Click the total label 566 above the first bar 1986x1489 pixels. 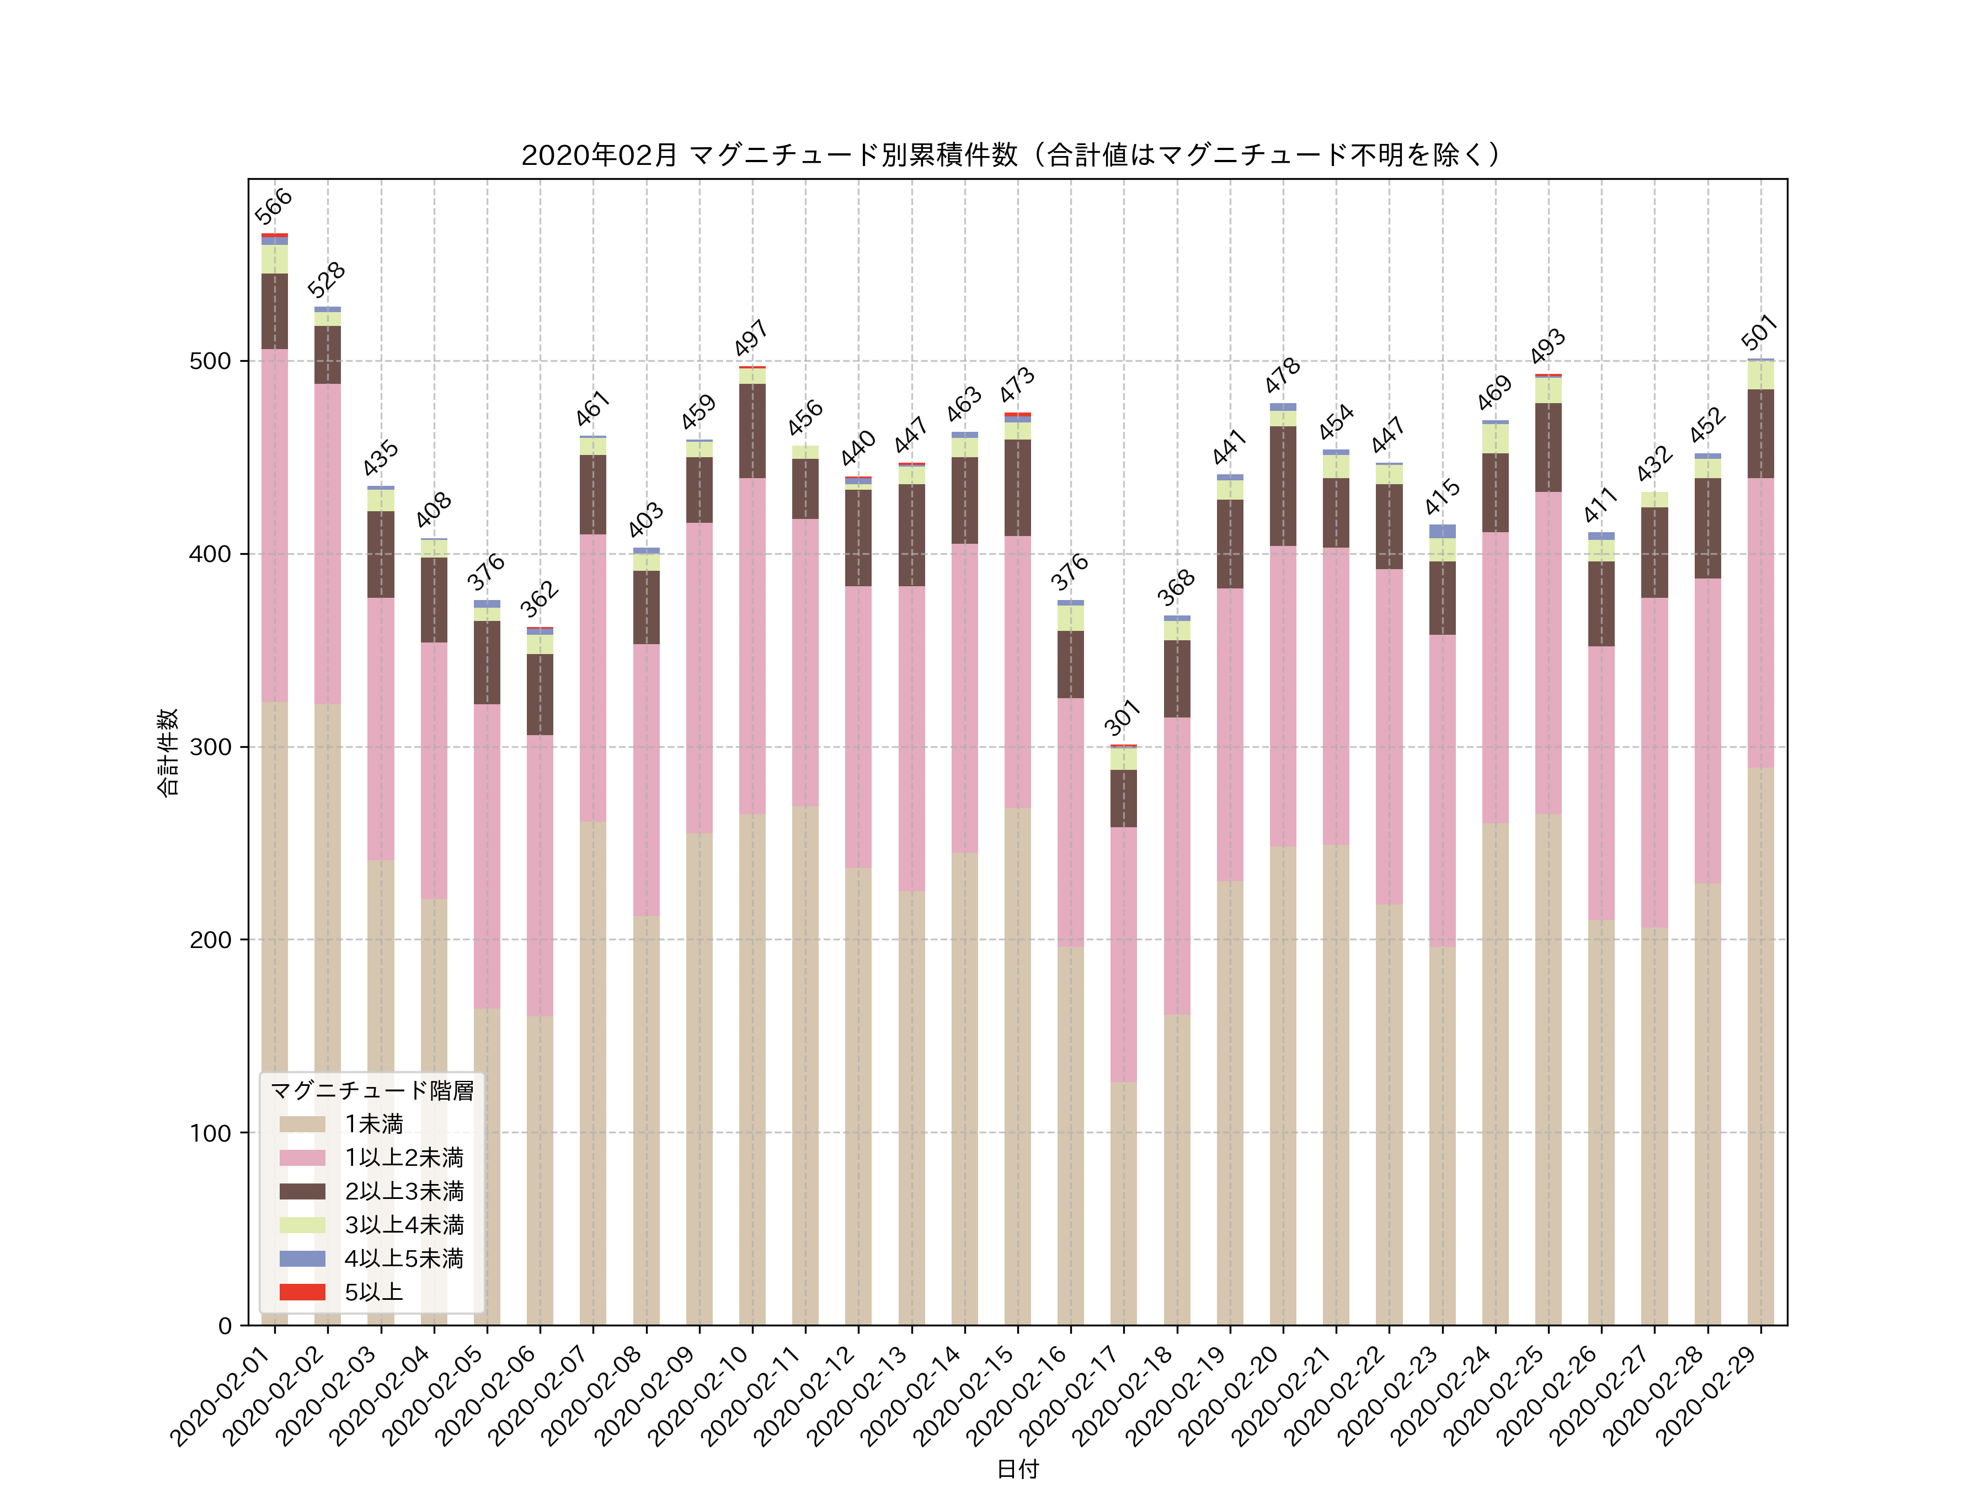(273, 206)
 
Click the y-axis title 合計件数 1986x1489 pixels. (168, 752)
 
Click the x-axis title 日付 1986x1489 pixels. (1017, 1469)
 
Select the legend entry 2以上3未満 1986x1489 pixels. (404, 1191)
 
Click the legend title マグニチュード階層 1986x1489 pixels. (372, 1090)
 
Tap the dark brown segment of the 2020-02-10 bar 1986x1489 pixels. (752, 431)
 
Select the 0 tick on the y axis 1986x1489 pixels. (225, 1326)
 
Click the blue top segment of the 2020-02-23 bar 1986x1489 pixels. (1442, 531)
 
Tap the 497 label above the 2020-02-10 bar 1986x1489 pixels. (751, 339)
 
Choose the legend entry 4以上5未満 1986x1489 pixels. (404, 1258)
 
